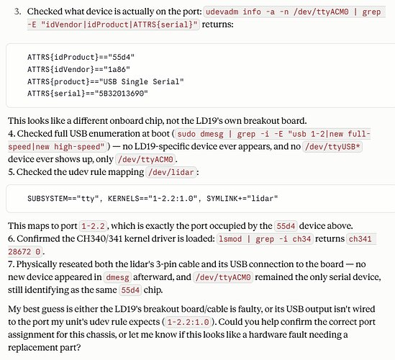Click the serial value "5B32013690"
pyautogui.click(x=122, y=94)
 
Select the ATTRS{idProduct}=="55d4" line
pyautogui.click(x=81, y=57)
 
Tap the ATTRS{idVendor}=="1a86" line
pyautogui.click(x=78, y=69)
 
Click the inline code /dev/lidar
pyautogui.click(x=171, y=172)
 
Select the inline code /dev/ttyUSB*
pyautogui.click(x=332, y=146)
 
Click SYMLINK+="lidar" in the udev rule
pyautogui.click(x=242, y=199)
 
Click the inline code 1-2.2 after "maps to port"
pyautogui.click(x=94, y=226)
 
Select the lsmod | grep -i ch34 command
pyautogui.click(x=265, y=239)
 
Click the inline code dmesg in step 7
pyautogui.click(x=117, y=277)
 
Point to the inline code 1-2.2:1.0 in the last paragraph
pyautogui.click(x=189, y=322)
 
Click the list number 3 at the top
pyautogui.click(x=17, y=12)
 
